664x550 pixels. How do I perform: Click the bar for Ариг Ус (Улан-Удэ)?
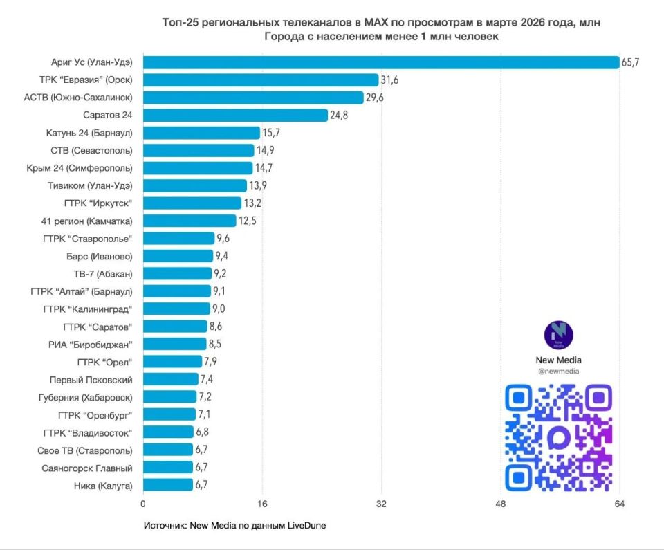point(380,62)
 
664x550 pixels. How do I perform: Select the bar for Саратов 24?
point(235,115)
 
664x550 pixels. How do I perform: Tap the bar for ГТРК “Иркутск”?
point(192,203)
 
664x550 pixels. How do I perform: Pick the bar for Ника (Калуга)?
point(168,485)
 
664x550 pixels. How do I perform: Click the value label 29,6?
point(374,98)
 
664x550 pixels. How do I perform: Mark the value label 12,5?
point(248,221)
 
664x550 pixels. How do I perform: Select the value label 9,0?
point(221,309)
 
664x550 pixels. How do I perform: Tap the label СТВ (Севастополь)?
point(91,150)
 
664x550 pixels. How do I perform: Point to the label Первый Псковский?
point(91,379)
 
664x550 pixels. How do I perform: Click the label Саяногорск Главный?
point(89,468)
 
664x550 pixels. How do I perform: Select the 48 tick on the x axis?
point(501,504)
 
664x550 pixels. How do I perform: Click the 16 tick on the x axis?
point(262,504)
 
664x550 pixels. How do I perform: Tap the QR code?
point(559,437)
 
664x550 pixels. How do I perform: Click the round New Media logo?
point(559,335)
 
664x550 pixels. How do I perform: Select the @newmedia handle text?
point(559,372)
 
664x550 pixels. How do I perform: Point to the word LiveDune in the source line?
point(304,526)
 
